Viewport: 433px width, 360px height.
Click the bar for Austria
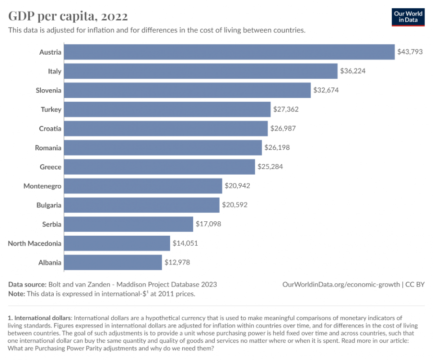coord(229,52)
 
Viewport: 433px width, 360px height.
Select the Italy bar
coord(201,71)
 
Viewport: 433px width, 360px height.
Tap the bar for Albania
coord(113,263)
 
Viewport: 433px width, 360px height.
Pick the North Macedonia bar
coord(117,243)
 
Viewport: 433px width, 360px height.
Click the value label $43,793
coord(410,52)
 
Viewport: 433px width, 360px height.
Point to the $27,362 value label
coord(286,109)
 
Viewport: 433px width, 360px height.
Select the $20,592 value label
coord(235,205)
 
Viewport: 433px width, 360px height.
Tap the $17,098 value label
coord(209,224)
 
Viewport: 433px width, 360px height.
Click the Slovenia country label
coord(48,90)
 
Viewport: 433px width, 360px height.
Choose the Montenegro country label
coord(42,186)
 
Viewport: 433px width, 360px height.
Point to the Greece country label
coord(50,167)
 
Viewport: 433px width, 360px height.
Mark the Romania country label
coord(48,148)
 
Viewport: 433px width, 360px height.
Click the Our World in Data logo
coord(408,17)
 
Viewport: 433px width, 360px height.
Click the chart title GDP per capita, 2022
coord(68,16)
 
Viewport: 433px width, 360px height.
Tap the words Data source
coord(27,285)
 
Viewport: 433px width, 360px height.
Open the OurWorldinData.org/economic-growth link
coord(341,285)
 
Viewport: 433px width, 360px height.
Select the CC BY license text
coord(415,285)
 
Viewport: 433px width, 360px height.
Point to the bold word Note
coord(16,294)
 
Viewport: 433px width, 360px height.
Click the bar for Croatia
coord(166,129)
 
